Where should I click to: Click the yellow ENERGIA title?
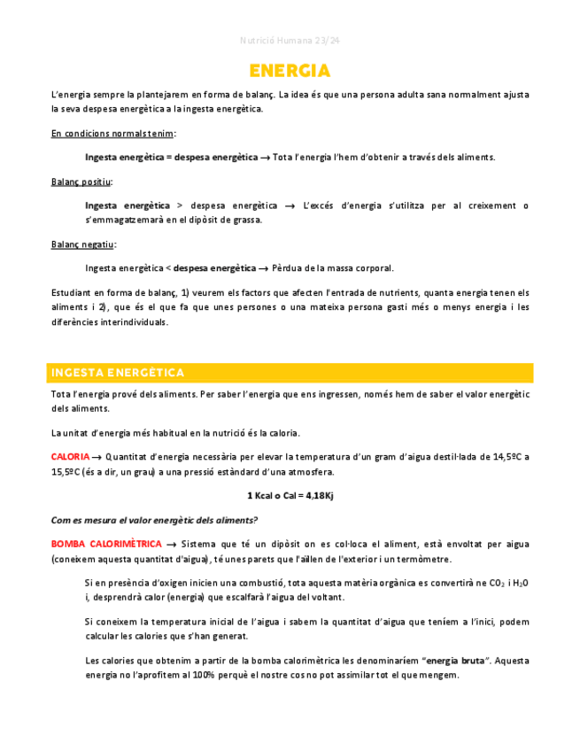pos(290,71)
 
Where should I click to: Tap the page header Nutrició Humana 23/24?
pos(290,41)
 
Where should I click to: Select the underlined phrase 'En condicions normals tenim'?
pos(112,134)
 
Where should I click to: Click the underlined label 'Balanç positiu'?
pos(81,182)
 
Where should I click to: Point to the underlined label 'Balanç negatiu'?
pos(82,244)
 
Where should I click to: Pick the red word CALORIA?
pos(70,457)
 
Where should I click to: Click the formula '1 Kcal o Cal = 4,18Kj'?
pos(290,496)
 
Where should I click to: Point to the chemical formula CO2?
pos(486,583)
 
